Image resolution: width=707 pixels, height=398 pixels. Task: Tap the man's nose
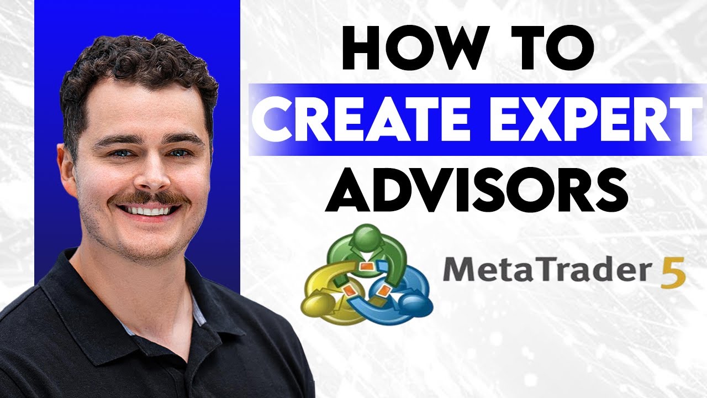tap(150, 174)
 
